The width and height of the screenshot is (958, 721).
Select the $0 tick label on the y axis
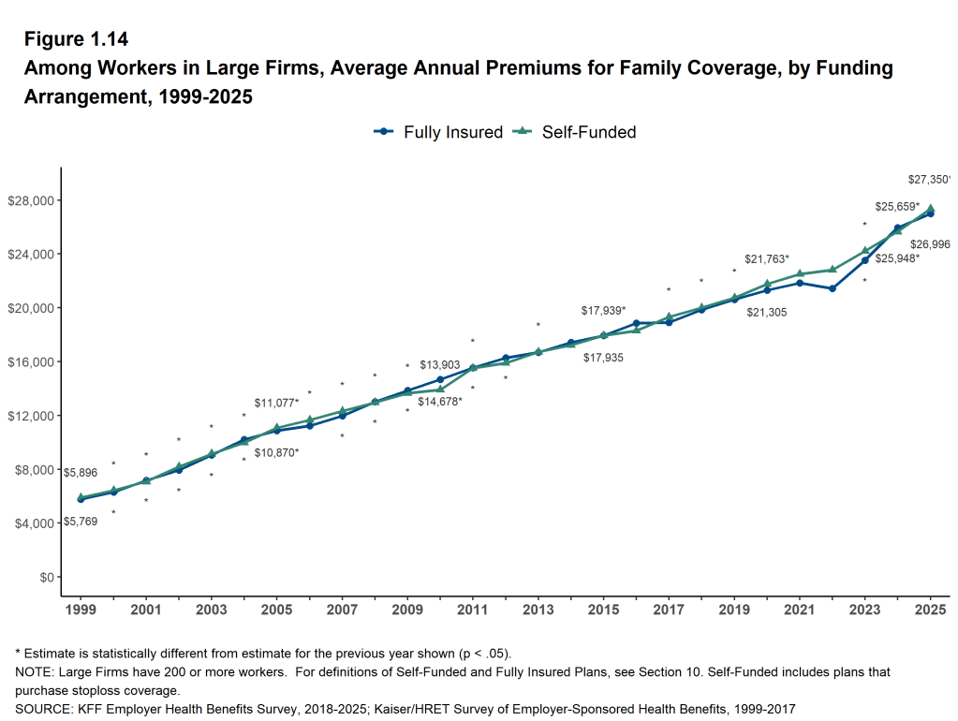click(46, 577)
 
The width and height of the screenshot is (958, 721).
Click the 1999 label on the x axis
click(81, 610)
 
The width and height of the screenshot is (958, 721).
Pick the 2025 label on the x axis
click(930, 610)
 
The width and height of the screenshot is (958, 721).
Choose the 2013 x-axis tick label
click(538, 610)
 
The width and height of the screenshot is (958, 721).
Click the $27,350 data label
click(929, 180)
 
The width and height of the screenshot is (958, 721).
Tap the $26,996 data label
click(930, 244)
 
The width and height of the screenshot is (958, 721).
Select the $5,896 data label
click(80, 473)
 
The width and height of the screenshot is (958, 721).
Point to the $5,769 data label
click(80, 522)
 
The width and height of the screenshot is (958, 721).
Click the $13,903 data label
click(440, 364)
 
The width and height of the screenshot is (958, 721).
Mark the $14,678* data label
click(440, 402)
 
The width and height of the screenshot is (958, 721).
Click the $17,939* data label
click(603, 310)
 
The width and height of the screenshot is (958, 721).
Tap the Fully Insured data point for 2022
click(833, 288)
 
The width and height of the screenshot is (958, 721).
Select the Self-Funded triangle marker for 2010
click(440, 389)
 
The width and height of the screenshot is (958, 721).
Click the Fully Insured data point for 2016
click(636, 323)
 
